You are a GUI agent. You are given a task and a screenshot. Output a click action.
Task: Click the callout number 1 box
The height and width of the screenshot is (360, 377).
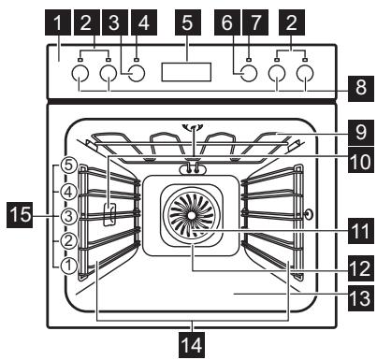tap(61, 18)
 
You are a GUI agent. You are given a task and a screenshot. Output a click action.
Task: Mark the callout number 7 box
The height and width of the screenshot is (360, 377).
tap(277, 18)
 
